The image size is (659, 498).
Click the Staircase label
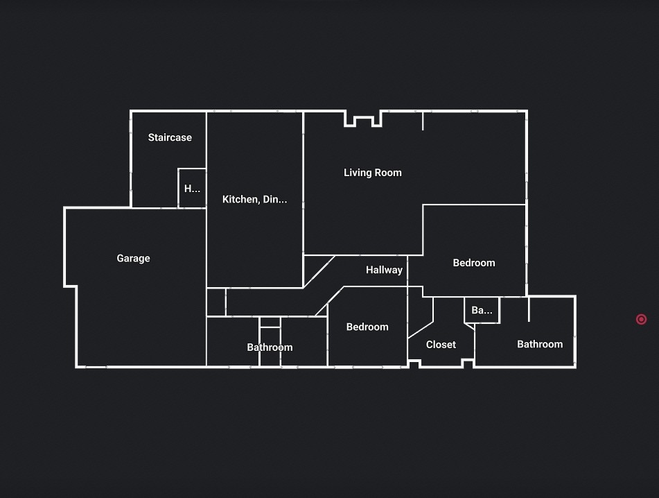pos(170,137)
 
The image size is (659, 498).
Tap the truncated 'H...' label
pos(192,189)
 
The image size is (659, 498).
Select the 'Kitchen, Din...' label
pos(255,199)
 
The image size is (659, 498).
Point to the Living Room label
pos(372,173)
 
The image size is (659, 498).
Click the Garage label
pos(133,258)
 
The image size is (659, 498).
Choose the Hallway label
pos(384,270)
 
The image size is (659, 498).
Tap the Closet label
pos(441,345)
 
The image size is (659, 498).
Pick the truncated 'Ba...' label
pos(482,311)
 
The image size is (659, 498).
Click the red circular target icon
pos(641,319)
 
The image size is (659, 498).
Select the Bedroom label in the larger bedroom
pos(474,263)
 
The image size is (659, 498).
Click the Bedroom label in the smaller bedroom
pos(367,327)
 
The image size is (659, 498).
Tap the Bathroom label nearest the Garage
pos(270,347)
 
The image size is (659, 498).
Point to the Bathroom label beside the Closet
pos(540,345)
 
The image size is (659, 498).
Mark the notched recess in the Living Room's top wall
pos(363,119)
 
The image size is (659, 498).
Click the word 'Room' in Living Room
pos(389,173)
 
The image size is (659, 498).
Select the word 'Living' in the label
pos(358,173)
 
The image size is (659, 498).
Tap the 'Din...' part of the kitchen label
pos(275,199)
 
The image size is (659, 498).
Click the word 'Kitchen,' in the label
pos(241,199)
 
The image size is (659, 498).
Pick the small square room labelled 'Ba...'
pos(482,310)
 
